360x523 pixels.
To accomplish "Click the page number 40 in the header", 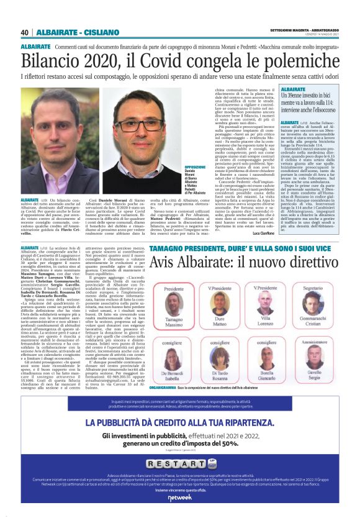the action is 24,32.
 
